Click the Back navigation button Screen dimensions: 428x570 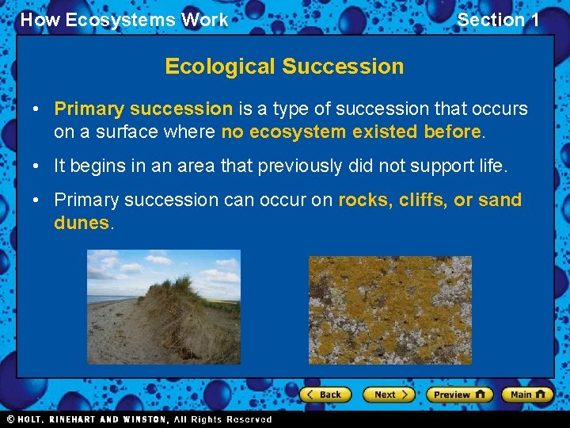click(x=326, y=394)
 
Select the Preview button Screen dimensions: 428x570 click(x=459, y=394)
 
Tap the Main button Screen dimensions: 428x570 click(x=528, y=394)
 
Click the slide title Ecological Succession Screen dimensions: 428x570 click(x=284, y=67)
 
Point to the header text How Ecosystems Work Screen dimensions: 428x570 click(x=124, y=20)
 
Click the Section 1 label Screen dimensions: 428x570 click(x=498, y=20)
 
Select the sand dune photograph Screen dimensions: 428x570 click(x=163, y=306)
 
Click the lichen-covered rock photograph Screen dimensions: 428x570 click(x=389, y=309)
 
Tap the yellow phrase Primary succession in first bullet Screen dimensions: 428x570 click(x=143, y=109)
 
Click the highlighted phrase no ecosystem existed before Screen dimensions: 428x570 click(x=351, y=131)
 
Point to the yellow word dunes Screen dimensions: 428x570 click(x=82, y=223)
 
